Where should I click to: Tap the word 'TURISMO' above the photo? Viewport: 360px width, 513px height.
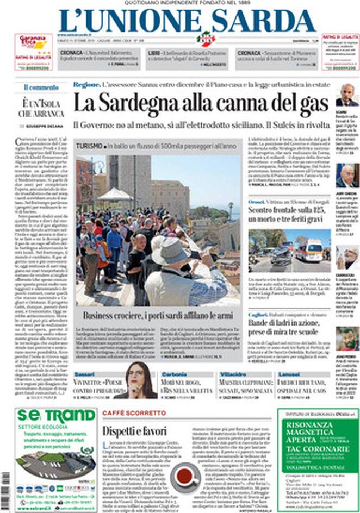pyautogui.click(x=90, y=147)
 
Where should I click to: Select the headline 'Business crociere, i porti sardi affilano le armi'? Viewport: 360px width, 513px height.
pyautogui.click(x=158, y=315)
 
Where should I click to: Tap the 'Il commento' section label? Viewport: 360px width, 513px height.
pyautogui.click(x=41, y=87)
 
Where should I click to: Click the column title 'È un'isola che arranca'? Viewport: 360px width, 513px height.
pyautogui.click(x=41, y=108)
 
